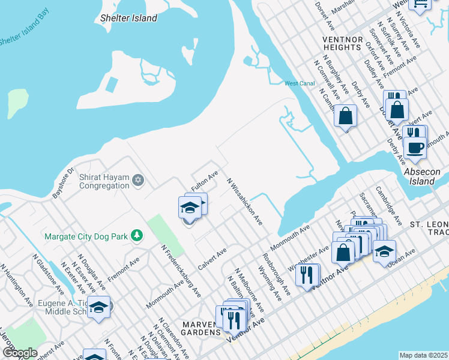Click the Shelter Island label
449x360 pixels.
point(129,18)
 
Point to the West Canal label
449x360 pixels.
point(300,83)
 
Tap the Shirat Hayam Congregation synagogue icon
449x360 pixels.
point(138,180)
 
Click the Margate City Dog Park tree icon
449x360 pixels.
point(137,236)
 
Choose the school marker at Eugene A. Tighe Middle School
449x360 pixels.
point(99,307)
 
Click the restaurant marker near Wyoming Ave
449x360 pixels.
point(307,274)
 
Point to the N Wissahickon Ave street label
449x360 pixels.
point(244,202)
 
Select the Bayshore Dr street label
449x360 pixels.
point(62,179)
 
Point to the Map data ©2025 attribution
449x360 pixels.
point(423,355)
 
